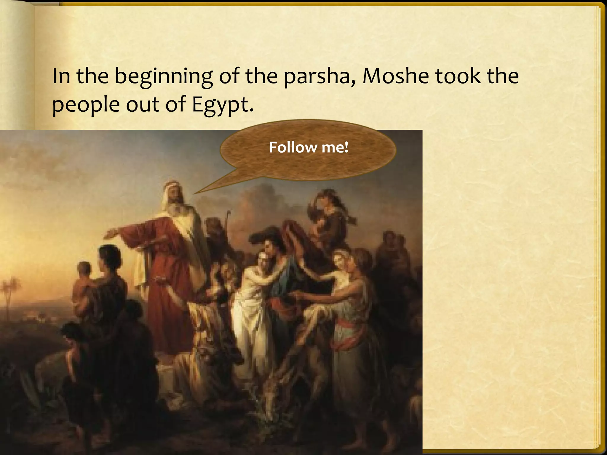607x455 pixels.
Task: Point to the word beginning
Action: [164, 76]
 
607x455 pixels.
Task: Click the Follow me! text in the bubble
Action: [309, 148]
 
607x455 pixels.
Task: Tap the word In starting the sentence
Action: [60, 76]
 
